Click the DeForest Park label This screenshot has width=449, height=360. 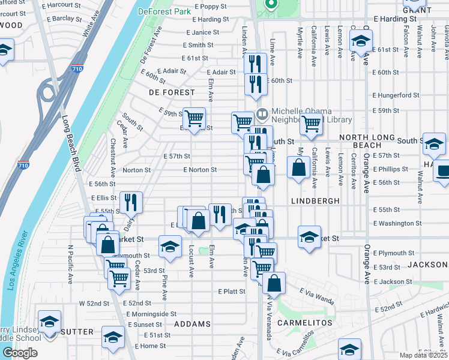[163, 11]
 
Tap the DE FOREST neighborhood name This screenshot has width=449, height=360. [172, 92]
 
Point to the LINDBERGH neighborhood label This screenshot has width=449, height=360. [316, 200]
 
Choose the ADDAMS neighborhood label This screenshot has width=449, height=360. [192, 324]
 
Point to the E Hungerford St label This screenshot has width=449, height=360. [396, 95]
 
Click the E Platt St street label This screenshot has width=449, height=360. [232, 292]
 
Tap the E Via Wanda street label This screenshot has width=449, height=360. [316, 294]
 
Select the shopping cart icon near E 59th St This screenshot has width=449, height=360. [194, 119]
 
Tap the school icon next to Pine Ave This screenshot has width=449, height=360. [170, 246]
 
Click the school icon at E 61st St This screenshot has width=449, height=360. [361, 41]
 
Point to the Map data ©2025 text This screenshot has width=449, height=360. [424, 355]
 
